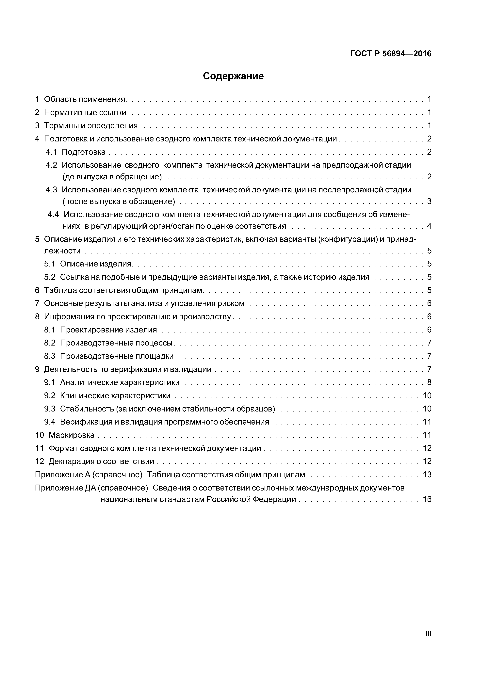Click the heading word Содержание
pos(233,76)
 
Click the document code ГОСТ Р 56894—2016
pos(391,54)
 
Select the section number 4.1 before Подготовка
pos(51,152)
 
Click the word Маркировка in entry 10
pos(72,435)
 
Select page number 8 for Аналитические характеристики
pos(429,382)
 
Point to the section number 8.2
pos(50,343)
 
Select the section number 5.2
pos(50,277)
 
